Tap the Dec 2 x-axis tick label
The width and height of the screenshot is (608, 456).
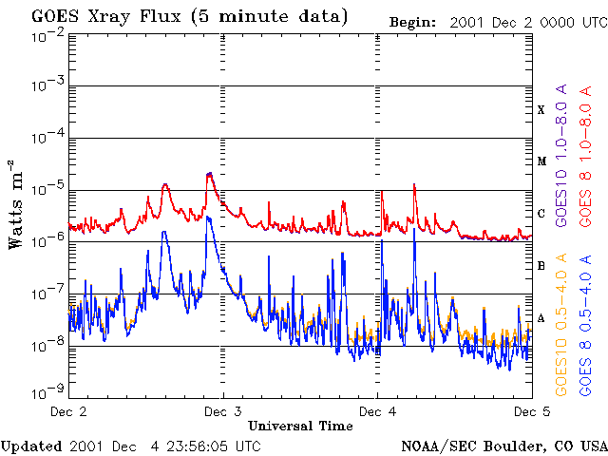[x=68, y=411]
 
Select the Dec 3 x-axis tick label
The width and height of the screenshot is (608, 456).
[x=223, y=411]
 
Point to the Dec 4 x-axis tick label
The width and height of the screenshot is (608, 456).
[x=377, y=411]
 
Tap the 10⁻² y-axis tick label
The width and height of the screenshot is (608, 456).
[x=47, y=36]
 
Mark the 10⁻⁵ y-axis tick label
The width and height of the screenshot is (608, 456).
[x=47, y=190]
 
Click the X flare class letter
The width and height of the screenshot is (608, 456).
[x=541, y=110]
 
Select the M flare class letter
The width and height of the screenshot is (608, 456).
[x=541, y=161]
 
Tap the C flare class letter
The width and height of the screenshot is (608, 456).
[x=541, y=214]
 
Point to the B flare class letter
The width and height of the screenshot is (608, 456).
[x=541, y=266]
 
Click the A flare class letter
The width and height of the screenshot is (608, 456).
[x=541, y=318]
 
